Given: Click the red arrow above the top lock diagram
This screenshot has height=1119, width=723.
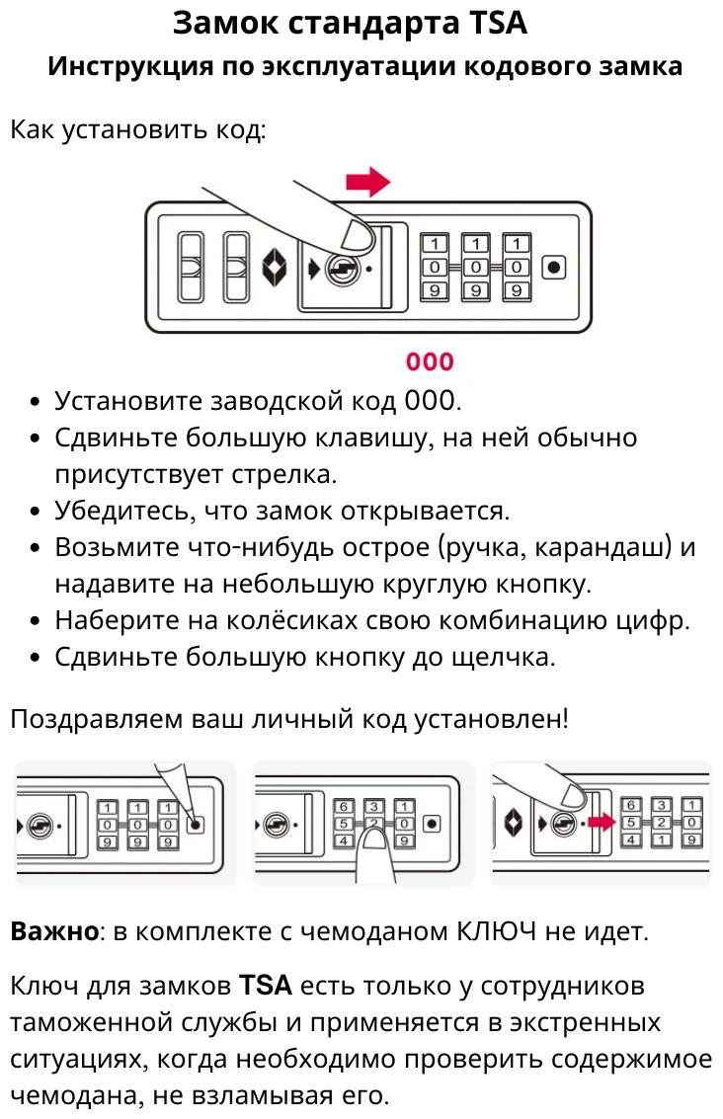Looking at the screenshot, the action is click(367, 182).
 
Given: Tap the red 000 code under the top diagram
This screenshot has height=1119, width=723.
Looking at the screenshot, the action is click(430, 361).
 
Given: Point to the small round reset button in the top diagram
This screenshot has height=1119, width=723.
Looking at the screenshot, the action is click(554, 267).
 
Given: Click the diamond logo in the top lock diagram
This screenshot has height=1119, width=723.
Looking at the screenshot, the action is click(275, 267).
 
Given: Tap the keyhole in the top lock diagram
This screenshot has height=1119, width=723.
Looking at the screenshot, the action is click(343, 267).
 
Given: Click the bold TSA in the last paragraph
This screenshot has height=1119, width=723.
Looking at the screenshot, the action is click(266, 986).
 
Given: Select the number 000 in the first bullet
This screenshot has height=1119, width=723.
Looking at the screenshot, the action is click(431, 401).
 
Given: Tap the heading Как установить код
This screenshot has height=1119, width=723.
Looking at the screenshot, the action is click(137, 129).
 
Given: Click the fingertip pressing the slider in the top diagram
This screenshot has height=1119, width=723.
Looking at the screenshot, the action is click(353, 235).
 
